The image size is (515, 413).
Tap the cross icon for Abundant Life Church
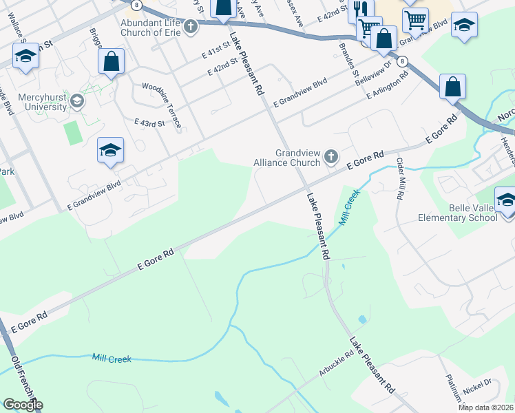[x=190, y=27]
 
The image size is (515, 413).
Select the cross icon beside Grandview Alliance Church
[x=331, y=157]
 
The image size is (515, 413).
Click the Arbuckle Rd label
[x=336, y=364]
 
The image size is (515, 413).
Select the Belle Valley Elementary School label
[x=458, y=213]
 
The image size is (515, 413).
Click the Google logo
[x=23, y=405]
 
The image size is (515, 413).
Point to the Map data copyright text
[x=485, y=407]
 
